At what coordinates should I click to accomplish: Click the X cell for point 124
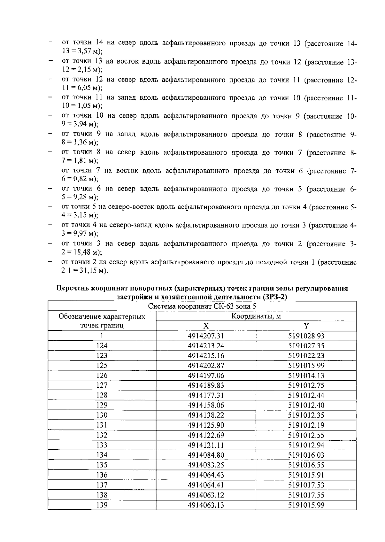[x=206, y=346]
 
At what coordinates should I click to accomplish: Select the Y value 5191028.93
[x=306, y=336]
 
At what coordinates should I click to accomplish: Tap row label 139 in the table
[x=102, y=505]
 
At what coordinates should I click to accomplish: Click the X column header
[x=206, y=326]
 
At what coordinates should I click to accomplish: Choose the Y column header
[x=306, y=326]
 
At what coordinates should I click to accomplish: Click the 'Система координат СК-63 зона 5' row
[x=202, y=306]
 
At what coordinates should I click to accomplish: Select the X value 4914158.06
[x=206, y=405]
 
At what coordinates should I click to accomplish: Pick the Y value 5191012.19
[x=306, y=425]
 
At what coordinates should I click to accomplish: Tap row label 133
[x=102, y=445]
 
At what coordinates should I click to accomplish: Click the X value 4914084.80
[x=206, y=455]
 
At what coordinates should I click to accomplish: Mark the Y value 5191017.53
[x=306, y=485]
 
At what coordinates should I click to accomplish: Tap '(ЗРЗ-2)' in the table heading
[x=274, y=297]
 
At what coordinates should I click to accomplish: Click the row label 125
[x=102, y=365]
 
